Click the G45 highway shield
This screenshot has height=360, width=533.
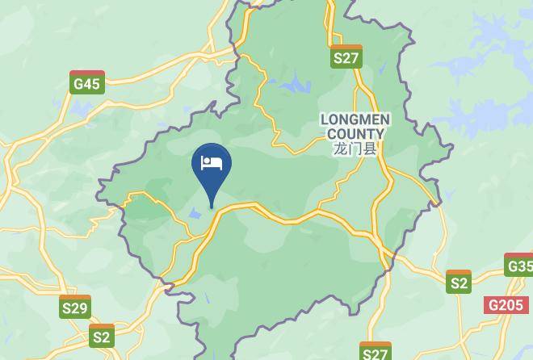[86, 82]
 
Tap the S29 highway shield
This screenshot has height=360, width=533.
[75, 307]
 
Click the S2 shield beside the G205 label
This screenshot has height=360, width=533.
[459, 282]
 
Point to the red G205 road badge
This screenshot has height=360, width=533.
[505, 305]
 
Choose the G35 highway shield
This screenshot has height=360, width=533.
[519, 265]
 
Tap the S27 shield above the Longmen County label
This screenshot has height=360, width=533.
[346, 57]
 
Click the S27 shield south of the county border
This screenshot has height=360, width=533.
[376, 352]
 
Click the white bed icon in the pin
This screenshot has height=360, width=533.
[212, 162]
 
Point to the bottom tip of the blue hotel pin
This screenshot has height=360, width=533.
[212, 207]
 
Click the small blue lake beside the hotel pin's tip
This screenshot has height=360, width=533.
[196, 214]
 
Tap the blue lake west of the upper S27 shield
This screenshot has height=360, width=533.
[295, 83]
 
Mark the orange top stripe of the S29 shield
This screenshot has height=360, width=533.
[75, 298]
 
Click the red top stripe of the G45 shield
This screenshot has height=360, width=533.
[86, 73]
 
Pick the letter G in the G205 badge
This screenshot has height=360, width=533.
[493, 306]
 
